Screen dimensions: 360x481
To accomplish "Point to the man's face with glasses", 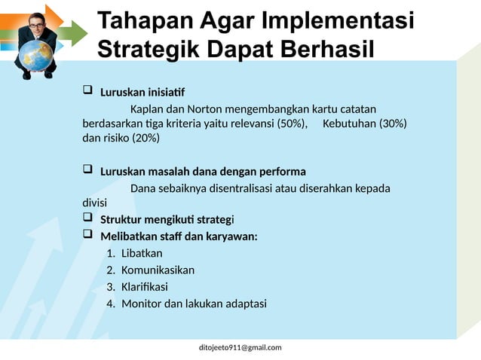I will (x=37, y=25).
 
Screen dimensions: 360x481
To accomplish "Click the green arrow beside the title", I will (x=73, y=32).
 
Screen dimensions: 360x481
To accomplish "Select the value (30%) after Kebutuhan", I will (x=392, y=123).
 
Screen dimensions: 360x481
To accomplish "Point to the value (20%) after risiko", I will (x=146, y=138).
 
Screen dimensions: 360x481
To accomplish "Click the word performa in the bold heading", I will (x=282, y=171).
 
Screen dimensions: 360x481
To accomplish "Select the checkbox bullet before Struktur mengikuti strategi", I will (x=87, y=218).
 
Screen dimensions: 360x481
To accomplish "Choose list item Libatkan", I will (x=142, y=253).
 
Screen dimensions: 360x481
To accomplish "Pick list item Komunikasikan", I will (x=158, y=270).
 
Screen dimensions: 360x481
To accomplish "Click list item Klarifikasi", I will (x=145, y=287).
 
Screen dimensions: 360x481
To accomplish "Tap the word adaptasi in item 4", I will (x=240, y=304).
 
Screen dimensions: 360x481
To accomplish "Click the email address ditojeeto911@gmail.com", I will (x=240, y=347).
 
